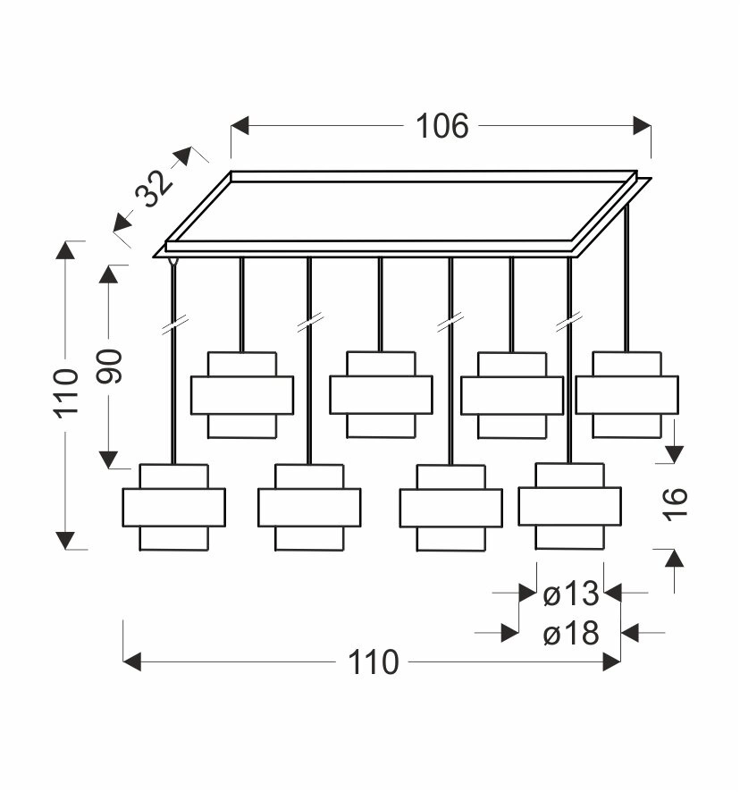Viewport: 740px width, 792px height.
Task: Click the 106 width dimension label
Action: click(x=441, y=126)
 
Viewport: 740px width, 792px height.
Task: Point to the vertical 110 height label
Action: click(x=67, y=393)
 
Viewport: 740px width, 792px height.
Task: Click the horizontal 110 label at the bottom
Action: click(x=372, y=662)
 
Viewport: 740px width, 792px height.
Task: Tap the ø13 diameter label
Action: click(x=570, y=593)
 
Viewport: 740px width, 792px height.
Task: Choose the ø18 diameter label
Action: click(x=570, y=634)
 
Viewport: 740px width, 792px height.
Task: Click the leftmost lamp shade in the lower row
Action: click(x=173, y=507)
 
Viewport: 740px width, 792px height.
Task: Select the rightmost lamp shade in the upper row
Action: click(x=626, y=394)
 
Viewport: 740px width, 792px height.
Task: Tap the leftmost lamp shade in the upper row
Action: click(x=242, y=394)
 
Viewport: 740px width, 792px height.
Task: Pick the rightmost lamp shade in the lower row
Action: click(x=569, y=506)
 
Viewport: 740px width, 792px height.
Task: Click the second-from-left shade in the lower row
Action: click(x=309, y=507)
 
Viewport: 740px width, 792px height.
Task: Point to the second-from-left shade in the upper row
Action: click(x=381, y=394)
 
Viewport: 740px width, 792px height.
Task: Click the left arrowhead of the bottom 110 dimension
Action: click(x=132, y=662)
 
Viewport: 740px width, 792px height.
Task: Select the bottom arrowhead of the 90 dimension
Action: click(x=109, y=459)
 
